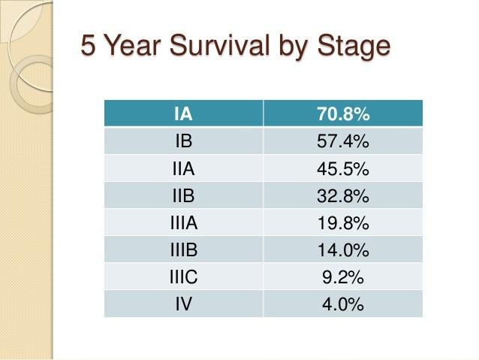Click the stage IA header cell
(183, 113)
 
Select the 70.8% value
(343, 113)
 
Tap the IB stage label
(184, 141)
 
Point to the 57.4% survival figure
(343, 141)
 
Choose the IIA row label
(183, 168)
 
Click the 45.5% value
(343, 169)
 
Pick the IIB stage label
(183, 195)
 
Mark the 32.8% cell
(343, 195)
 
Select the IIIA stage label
(184, 222)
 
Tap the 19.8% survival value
(343, 223)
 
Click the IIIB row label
(184, 250)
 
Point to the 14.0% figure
(343, 250)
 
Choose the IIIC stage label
(184, 277)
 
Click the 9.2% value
(343, 277)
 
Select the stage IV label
(184, 304)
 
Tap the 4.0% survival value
(343, 304)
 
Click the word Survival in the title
(220, 45)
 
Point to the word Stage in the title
(354, 47)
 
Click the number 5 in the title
(87, 45)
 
